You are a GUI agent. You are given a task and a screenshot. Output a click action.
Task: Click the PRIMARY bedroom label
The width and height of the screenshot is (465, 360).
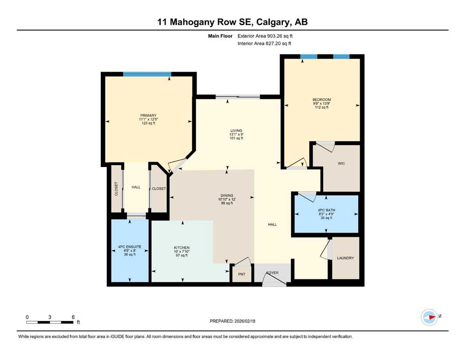point(148,115)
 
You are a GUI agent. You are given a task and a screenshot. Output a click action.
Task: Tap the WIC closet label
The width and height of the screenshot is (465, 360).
point(341,164)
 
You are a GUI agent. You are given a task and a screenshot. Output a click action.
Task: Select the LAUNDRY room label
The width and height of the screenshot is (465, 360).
point(346,258)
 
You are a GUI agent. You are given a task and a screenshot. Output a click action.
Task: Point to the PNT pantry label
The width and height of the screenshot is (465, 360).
point(242,274)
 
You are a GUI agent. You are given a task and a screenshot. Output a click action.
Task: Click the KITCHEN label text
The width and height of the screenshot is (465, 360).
point(182,247)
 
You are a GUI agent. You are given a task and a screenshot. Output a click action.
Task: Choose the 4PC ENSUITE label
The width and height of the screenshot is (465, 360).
point(130,247)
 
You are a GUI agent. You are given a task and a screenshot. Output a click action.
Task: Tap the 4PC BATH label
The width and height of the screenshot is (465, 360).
point(326,210)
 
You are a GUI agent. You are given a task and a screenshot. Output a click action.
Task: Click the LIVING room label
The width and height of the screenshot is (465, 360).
point(236,131)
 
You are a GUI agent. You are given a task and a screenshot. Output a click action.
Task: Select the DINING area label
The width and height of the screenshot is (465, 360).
point(227,195)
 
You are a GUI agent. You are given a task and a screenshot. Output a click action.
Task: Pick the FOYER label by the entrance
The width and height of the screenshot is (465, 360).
point(273,272)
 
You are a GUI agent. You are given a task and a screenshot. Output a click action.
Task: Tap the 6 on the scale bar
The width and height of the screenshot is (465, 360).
point(73,317)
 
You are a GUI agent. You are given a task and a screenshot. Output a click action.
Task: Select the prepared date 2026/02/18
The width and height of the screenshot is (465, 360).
point(245,321)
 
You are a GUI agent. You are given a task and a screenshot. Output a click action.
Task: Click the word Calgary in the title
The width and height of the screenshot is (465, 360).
point(273,22)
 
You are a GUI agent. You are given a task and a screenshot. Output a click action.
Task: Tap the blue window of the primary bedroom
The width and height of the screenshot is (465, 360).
point(147,74)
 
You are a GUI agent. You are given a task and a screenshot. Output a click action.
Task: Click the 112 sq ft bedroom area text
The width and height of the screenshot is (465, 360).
point(322,107)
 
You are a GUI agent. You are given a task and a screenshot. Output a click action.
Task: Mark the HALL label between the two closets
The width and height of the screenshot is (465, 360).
point(136,187)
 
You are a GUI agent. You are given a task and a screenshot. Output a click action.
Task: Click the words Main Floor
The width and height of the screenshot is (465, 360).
point(221,36)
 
